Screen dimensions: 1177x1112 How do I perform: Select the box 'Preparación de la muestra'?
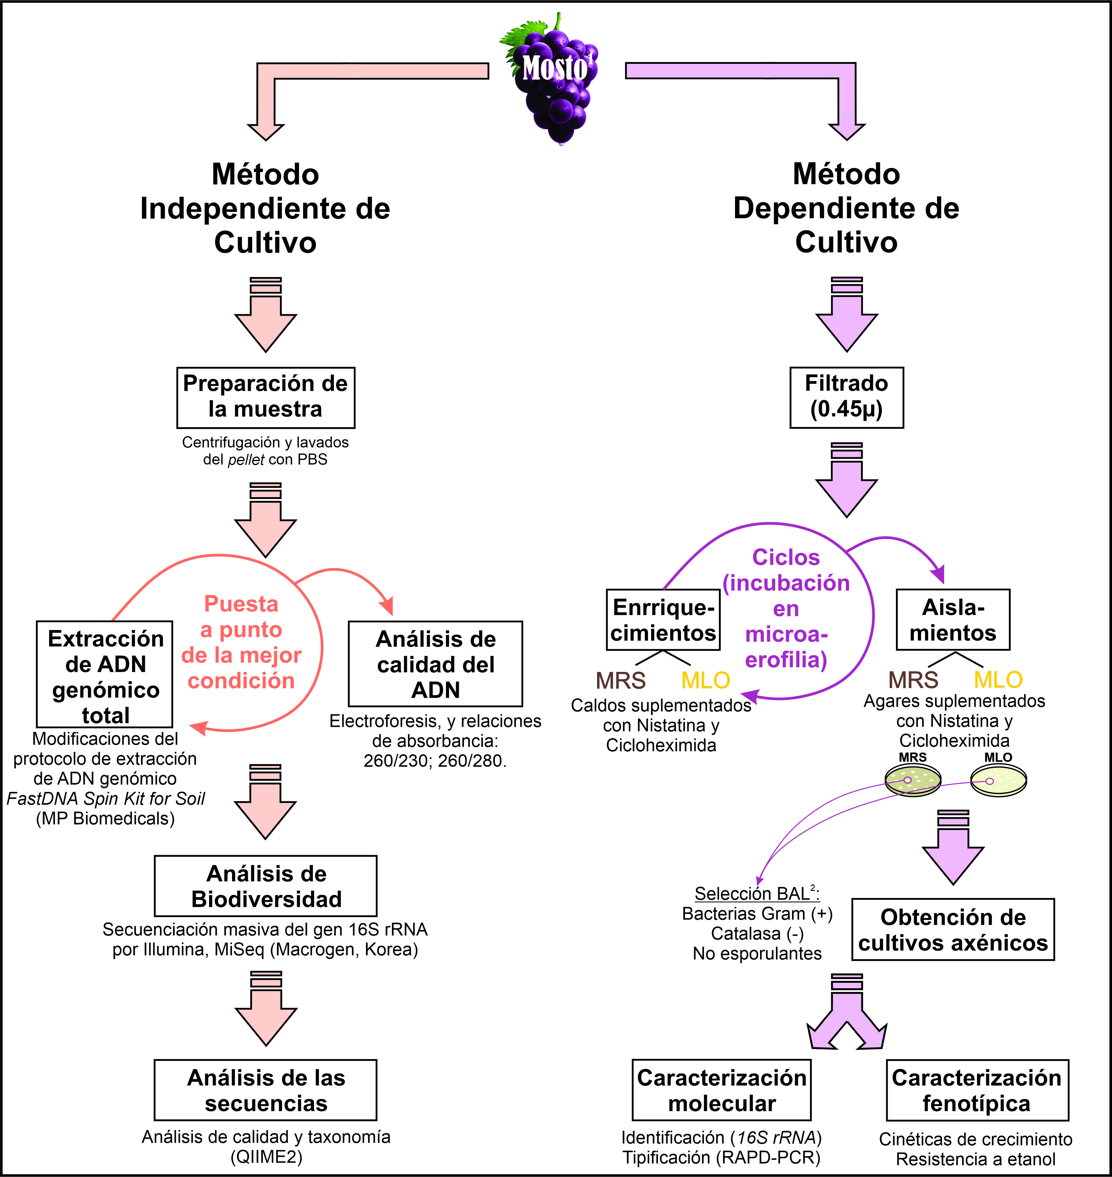tap(266, 397)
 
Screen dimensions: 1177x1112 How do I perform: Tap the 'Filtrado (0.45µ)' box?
tap(846, 397)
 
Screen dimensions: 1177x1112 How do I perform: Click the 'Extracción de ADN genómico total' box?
tap(105, 674)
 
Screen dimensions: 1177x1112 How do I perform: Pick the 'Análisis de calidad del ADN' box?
tap(436, 664)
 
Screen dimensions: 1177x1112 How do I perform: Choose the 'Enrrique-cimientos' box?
tap(663, 620)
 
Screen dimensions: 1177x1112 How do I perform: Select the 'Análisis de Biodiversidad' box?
tap(266, 886)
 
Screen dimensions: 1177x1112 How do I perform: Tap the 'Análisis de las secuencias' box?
tap(266, 1090)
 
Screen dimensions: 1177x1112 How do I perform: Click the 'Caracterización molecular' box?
tap(721, 1090)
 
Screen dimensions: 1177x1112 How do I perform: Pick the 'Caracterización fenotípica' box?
tap(977, 1090)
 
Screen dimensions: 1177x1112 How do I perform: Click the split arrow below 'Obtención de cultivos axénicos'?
tap(846, 1014)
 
